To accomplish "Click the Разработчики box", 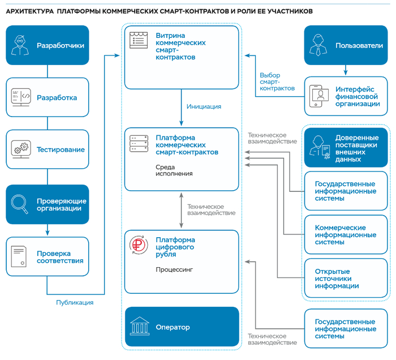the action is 48,45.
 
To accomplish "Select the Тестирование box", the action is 48,149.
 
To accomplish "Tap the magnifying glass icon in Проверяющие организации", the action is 19,204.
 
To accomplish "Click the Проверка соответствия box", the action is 48,256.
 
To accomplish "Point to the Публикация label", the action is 75,302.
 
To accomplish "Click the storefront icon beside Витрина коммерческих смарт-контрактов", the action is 139,40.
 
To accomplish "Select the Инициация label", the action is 204,106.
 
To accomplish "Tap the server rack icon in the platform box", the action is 139,144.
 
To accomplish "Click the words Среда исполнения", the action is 174,170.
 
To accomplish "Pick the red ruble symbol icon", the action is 139,245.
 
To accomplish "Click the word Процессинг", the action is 174,269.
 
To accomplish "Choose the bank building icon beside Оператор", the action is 140,326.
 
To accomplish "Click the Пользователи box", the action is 346,45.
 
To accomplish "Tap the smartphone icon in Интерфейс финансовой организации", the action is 319,96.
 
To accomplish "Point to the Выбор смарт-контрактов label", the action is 277,82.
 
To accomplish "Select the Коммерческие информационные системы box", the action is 346,234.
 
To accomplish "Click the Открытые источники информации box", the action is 346,278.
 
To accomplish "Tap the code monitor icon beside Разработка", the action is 21,97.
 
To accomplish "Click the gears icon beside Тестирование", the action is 21,149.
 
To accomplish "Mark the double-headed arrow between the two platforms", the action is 181,210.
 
